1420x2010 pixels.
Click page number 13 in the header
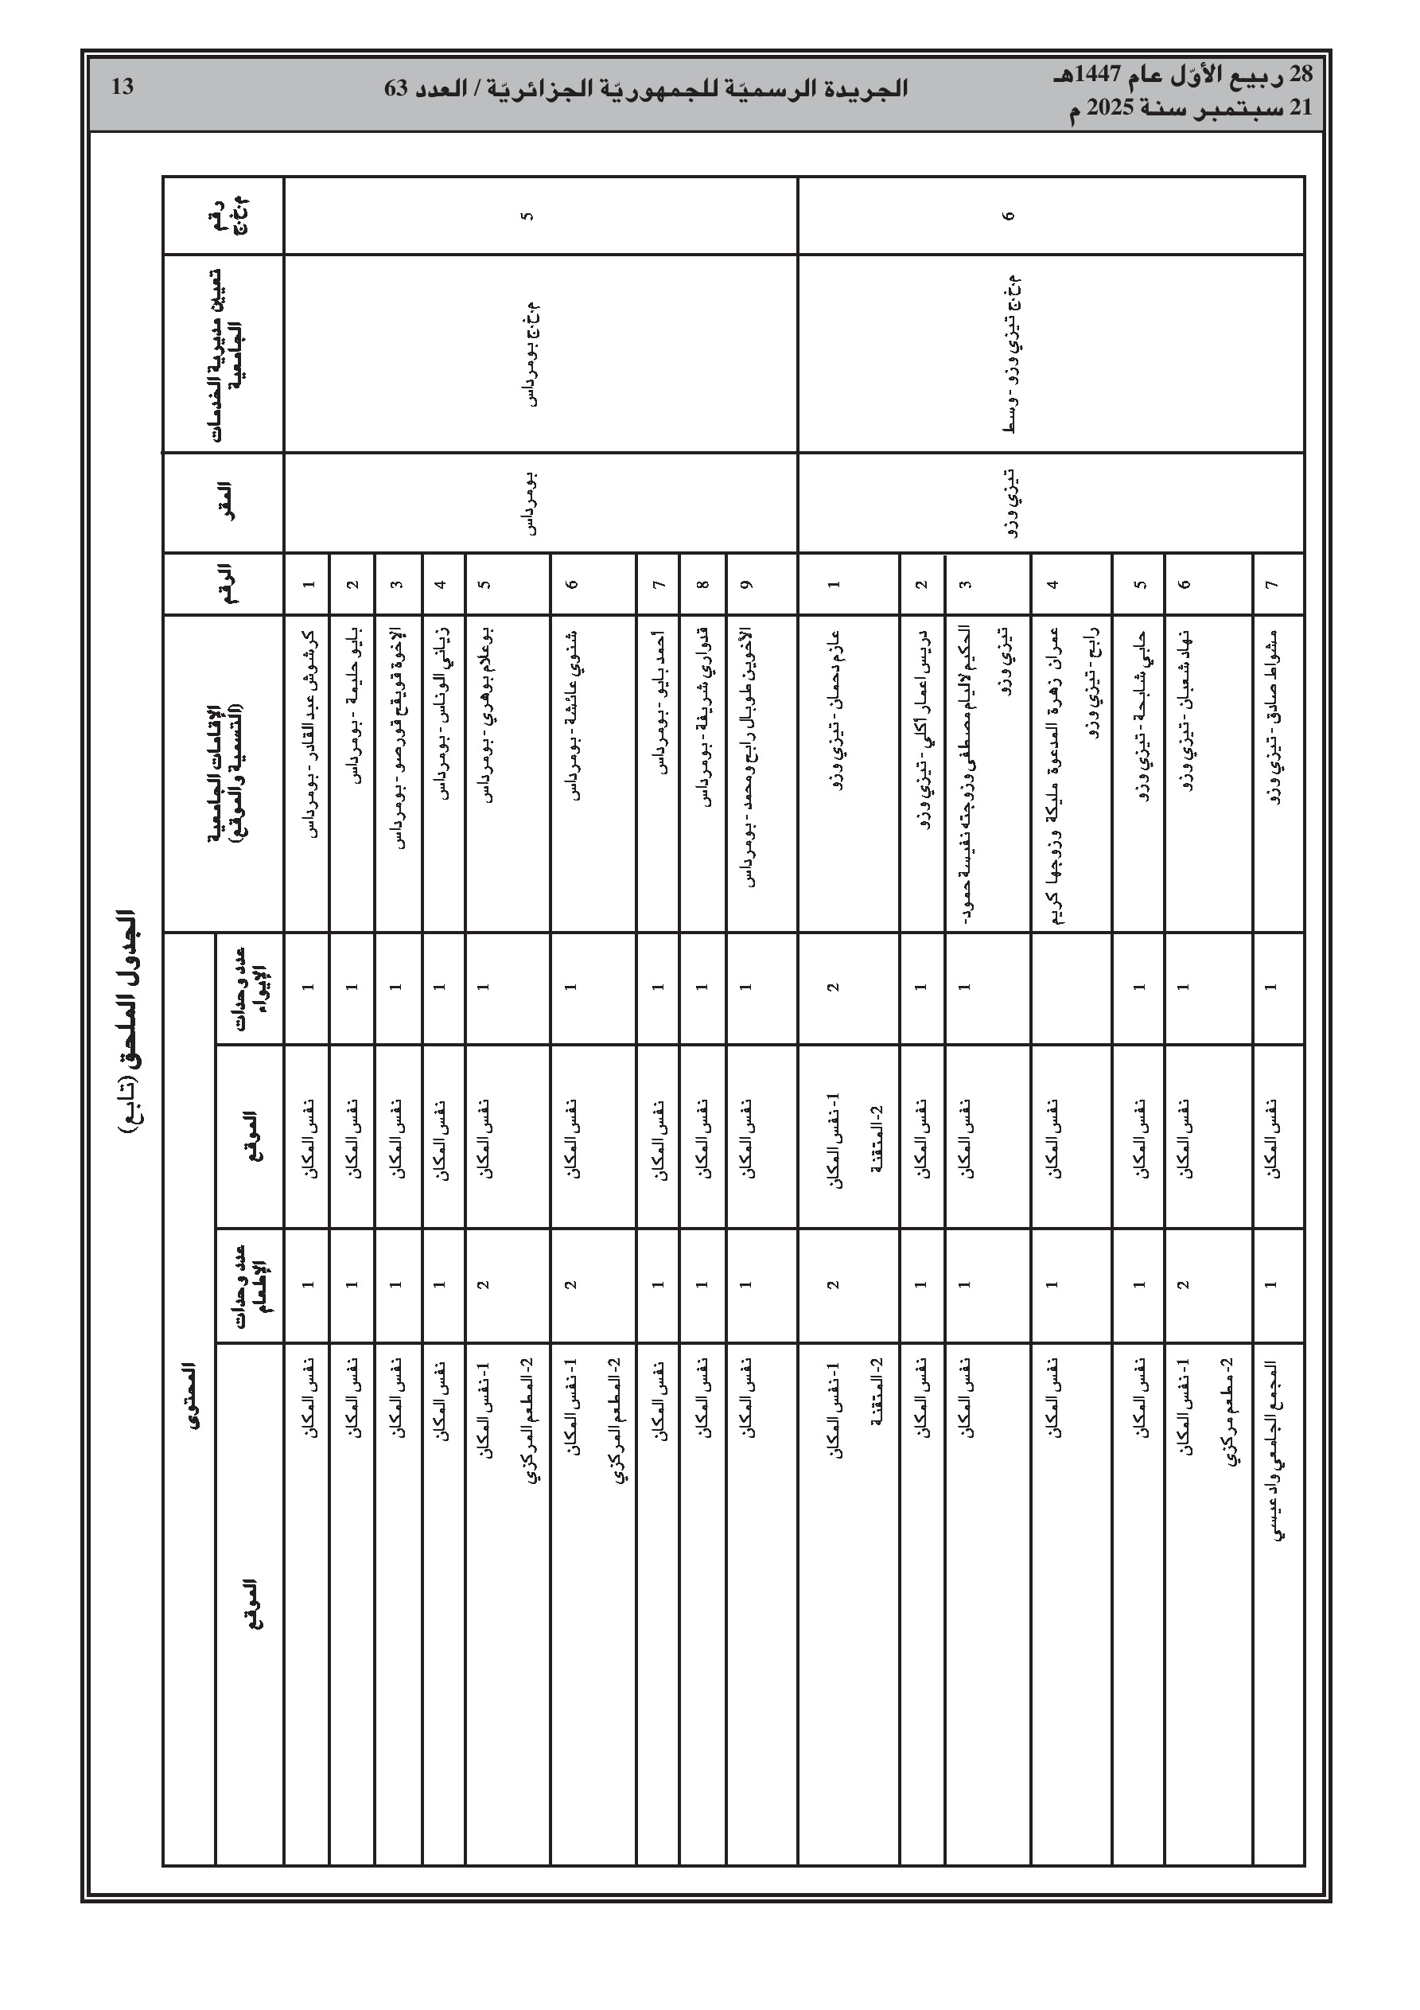pyautogui.click(x=123, y=87)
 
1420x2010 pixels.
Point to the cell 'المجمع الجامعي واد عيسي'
pyautogui.click(x=1274, y=1453)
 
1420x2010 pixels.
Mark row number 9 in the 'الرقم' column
pyautogui.click(x=747, y=584)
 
